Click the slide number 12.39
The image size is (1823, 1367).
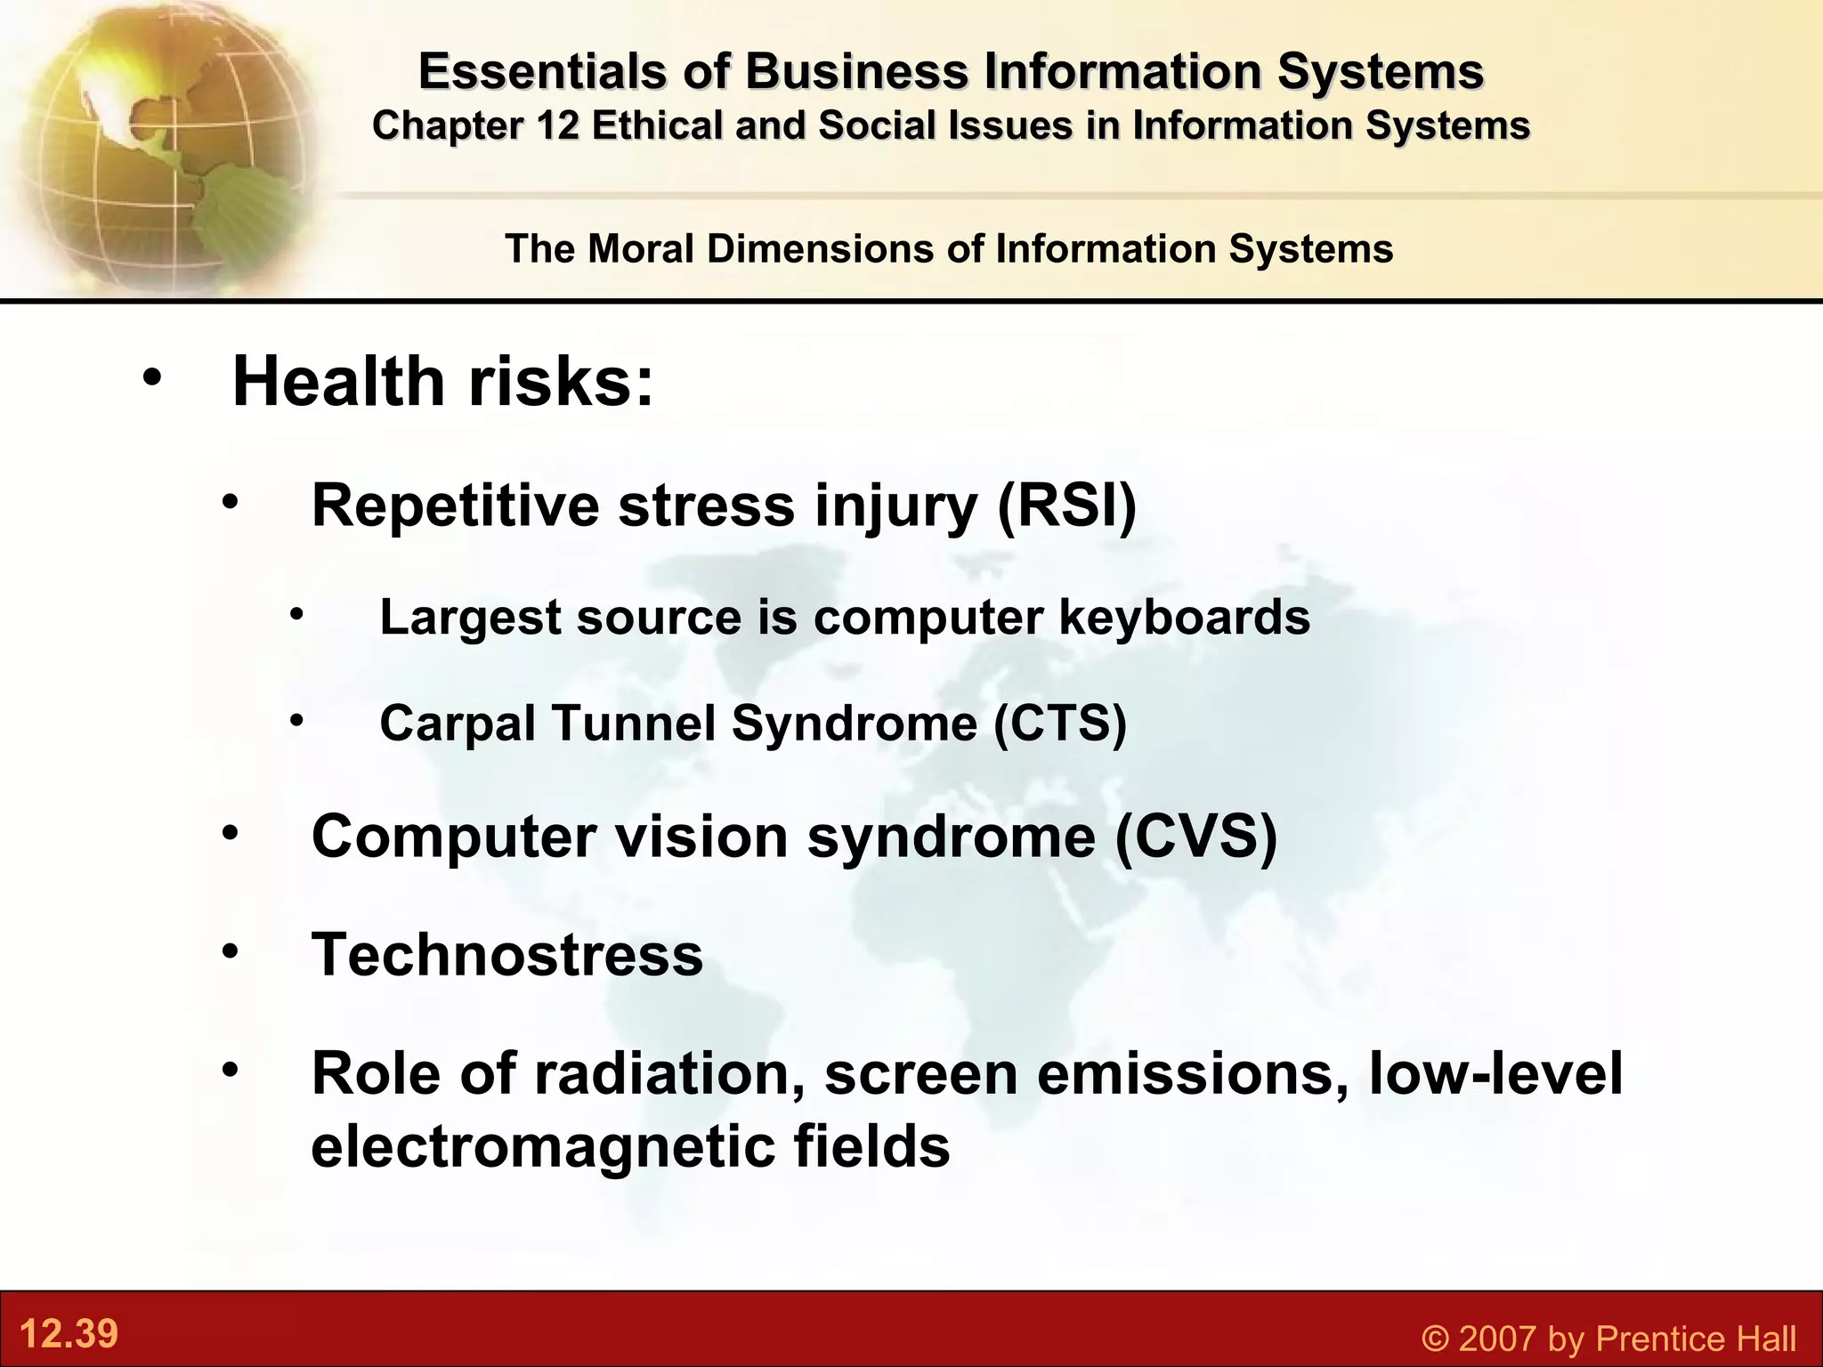click(x=69, y=1333)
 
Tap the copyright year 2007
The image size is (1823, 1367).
click(x=1495, y=1339)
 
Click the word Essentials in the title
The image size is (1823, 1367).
click(x=542, y=71)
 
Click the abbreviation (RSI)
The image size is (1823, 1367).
click(x=1066, y=506)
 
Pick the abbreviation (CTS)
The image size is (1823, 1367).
click(x=1059, y=722)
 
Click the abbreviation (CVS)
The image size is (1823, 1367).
click(x=1195, y=837)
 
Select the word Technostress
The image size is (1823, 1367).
click(x=507, y=954)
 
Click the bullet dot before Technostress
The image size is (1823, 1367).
click(x=231, y=951)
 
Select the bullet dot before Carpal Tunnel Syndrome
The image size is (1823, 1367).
click(x=297, y=719)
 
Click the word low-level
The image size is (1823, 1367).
click(x=1495, y=1073)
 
